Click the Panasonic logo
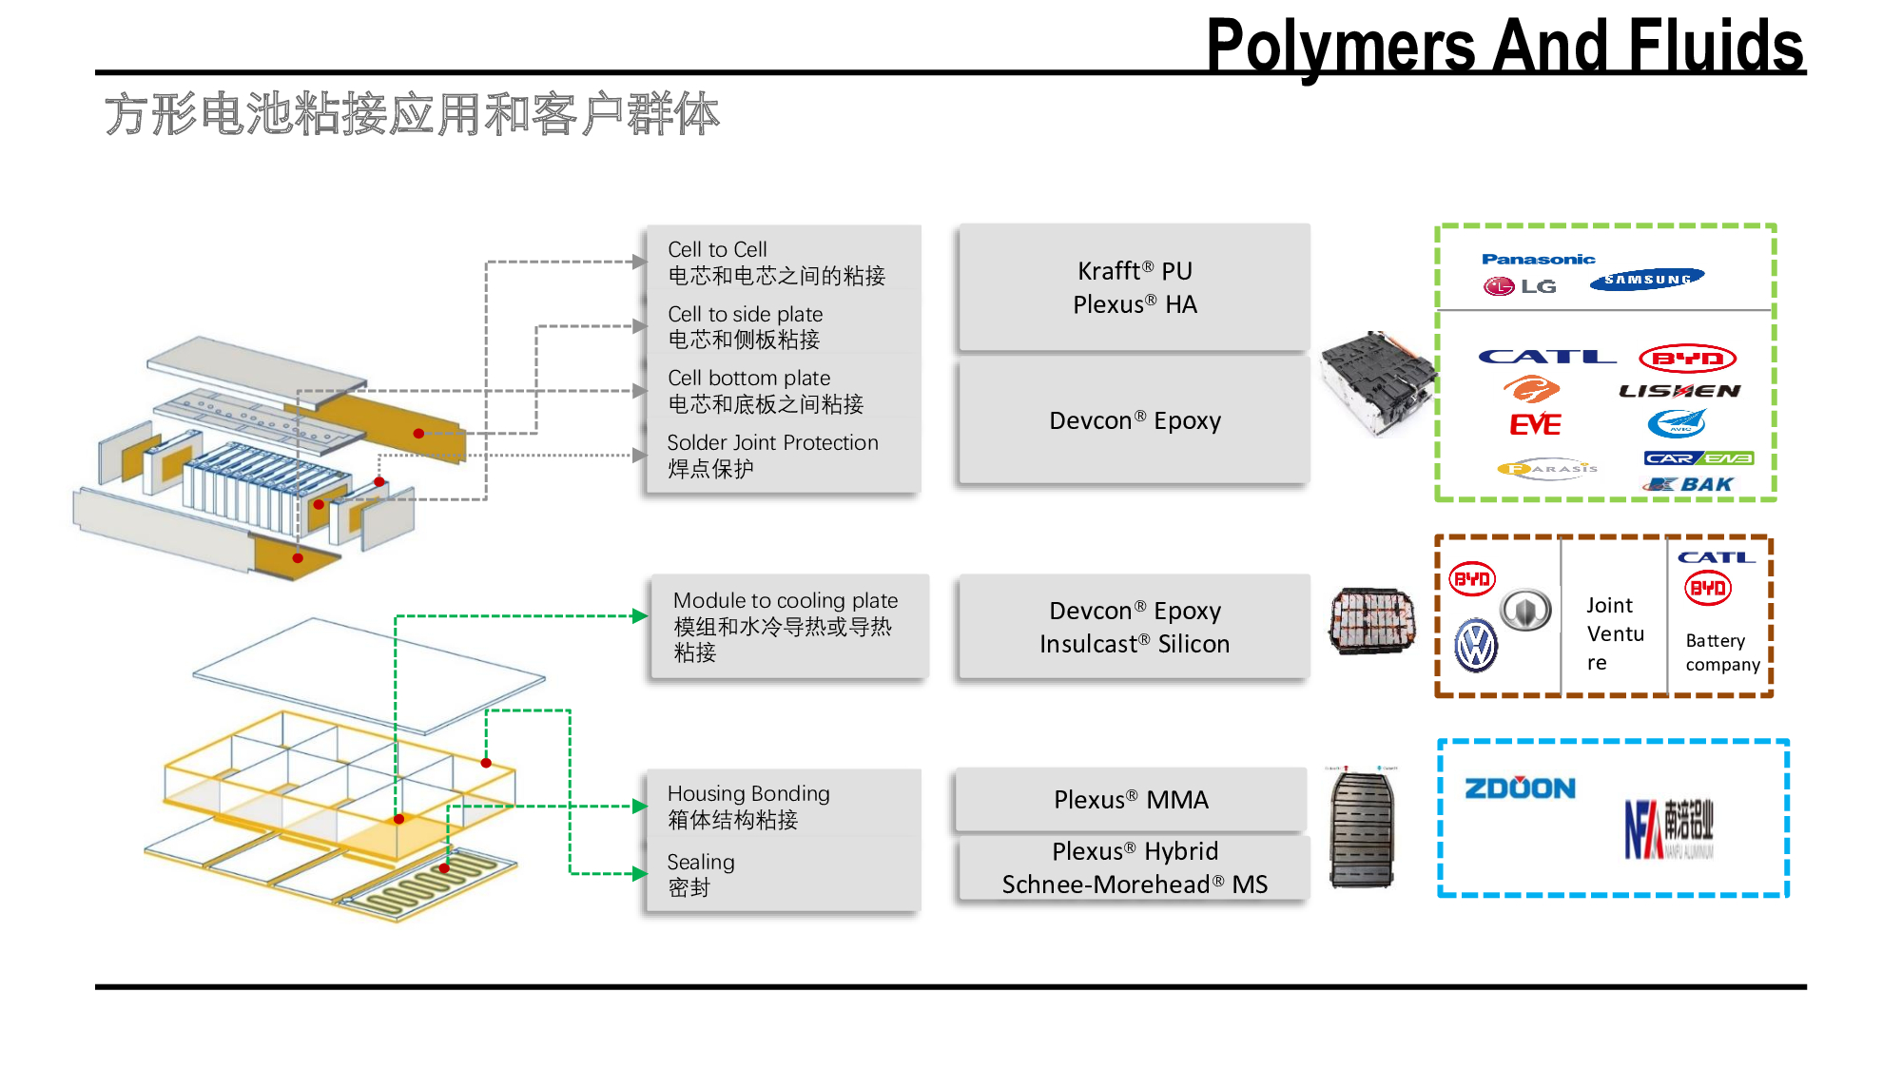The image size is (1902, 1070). [1538, 259]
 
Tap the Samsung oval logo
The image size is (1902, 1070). [1647, 279]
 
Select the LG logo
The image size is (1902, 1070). [1520, 286]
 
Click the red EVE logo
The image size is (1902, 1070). [1535, 424]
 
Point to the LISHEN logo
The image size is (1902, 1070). [1679, 391]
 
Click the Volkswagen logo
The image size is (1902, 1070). [1476, 646]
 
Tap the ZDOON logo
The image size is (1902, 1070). [1520, 788]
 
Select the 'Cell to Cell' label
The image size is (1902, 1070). [717, 249]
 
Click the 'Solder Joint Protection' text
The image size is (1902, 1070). [772, 442]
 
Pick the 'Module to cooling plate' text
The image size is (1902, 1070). [786, 600]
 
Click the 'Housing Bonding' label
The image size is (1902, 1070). [748, 793]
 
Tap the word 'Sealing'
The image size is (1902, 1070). [701, 862]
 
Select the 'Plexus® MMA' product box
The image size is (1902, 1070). [1131, 800]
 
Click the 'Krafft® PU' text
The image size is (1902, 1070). [1135, 271]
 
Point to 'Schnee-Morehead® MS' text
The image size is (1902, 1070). [1135, 885]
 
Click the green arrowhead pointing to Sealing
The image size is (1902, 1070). [640, 873]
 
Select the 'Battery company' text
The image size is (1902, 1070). [1722, 652]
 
